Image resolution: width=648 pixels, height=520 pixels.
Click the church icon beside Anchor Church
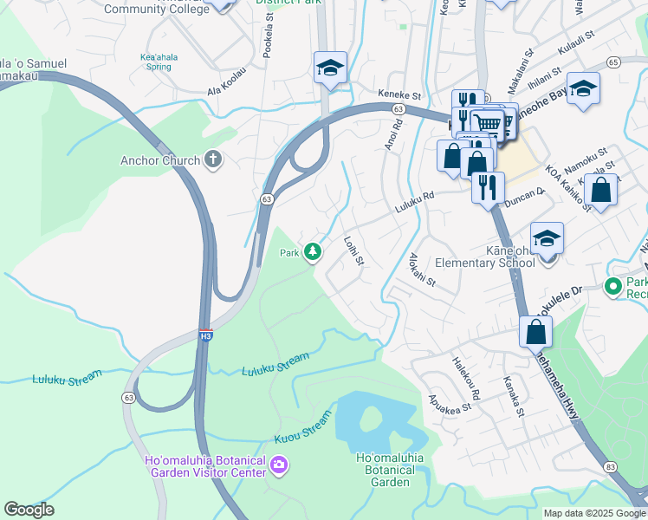213,159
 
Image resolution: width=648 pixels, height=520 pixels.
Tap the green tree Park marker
312,252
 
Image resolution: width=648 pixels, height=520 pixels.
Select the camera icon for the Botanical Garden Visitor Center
279,465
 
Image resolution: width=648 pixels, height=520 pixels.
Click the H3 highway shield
205,335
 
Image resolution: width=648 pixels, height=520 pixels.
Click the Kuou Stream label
302,429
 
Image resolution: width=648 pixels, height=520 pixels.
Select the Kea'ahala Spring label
163,62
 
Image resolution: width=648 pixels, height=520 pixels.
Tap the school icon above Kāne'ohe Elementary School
547,237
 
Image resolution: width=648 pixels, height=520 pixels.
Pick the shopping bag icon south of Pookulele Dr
536,331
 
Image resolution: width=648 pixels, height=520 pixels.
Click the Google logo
29,510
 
